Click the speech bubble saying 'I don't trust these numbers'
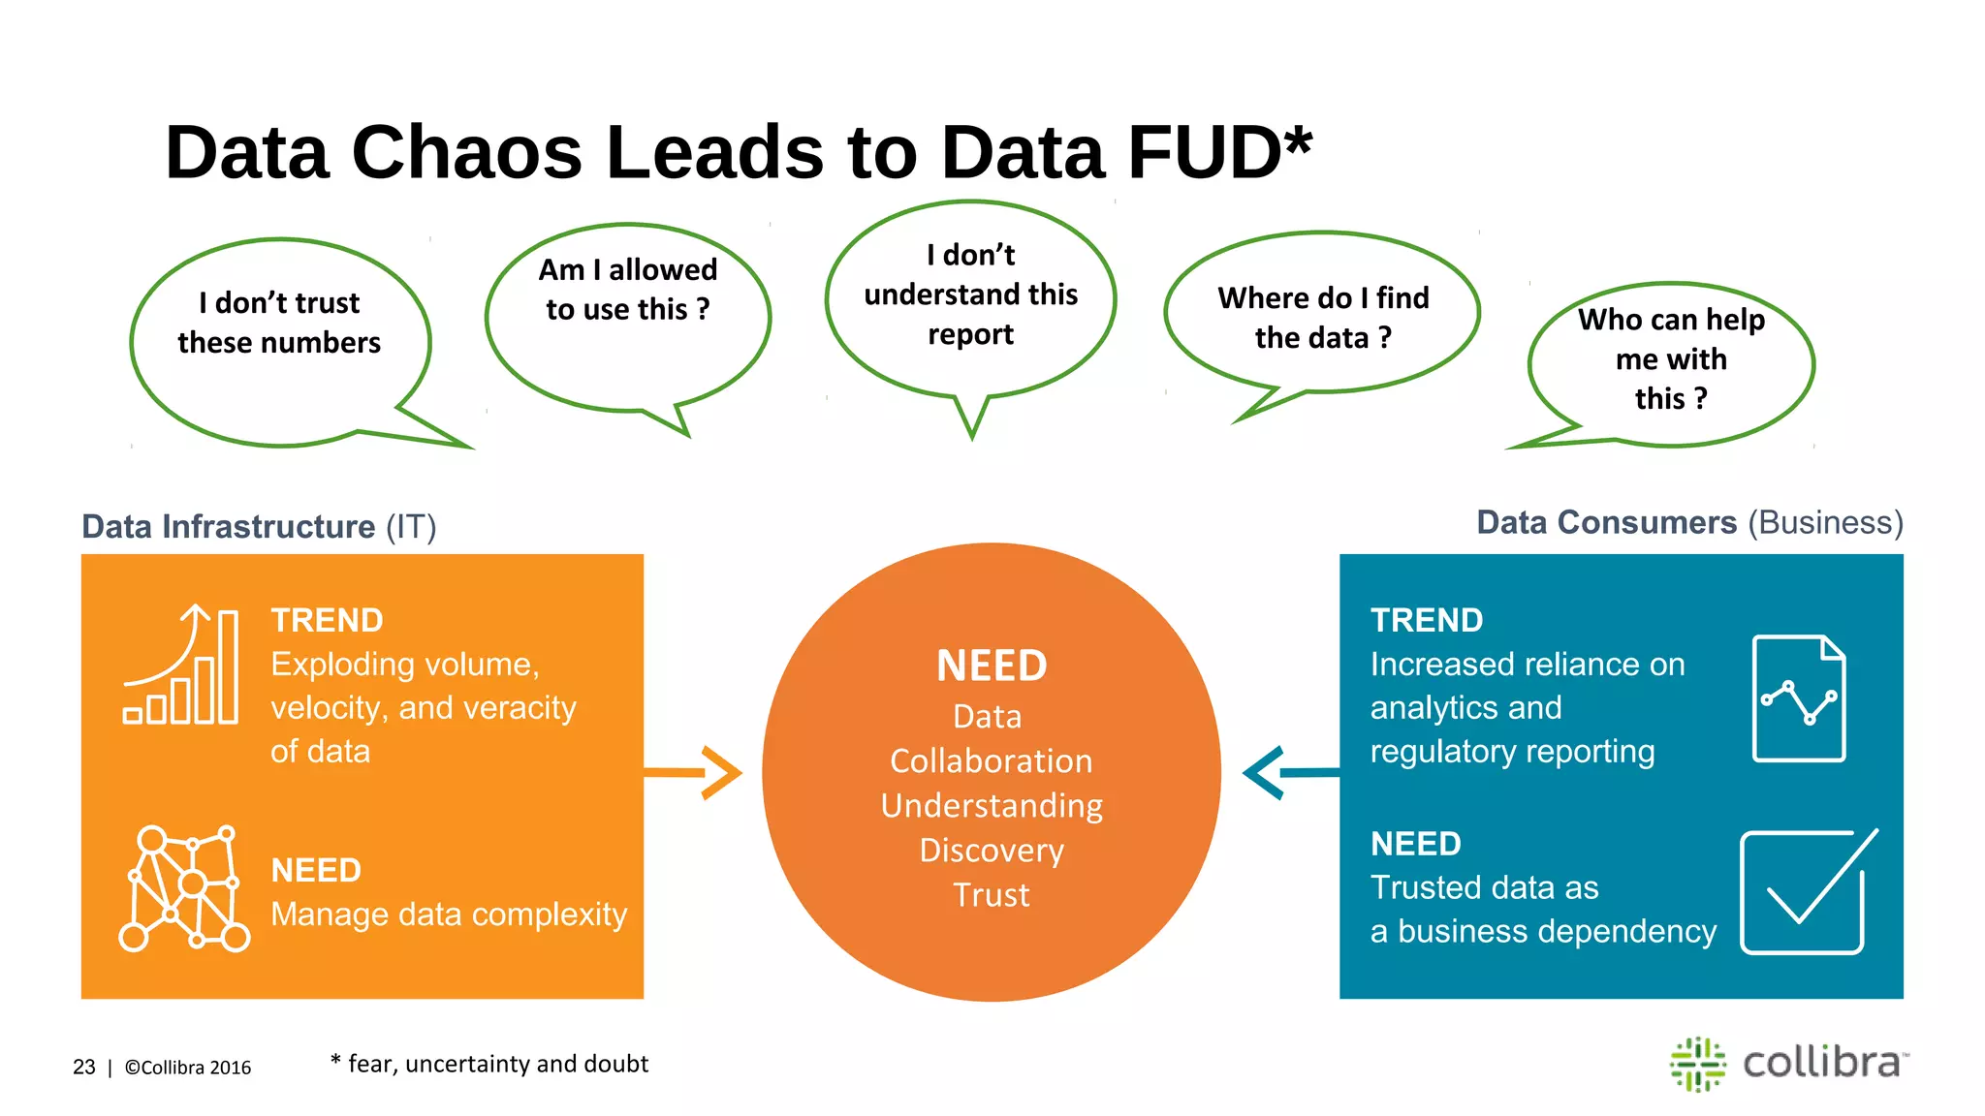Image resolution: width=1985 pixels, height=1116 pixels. pos(279,325)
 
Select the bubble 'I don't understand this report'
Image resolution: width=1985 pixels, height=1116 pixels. pos(970,294)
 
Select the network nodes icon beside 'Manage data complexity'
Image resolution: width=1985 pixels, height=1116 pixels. pos(183,888)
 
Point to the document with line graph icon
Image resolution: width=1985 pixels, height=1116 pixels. pos(1799,697)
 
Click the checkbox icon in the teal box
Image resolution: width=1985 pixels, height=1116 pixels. pos(1805,891)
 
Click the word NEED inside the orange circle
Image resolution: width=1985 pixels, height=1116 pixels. pos(992,666)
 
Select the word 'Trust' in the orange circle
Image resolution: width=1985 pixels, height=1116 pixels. pos(991,895)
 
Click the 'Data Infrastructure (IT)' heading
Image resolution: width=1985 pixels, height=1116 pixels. pos(259,527)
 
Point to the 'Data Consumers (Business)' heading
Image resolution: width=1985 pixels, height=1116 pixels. pos(1689,523)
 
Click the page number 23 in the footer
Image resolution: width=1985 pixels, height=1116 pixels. pos(84,1068)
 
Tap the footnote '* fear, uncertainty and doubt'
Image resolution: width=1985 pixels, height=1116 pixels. pos(489,1064)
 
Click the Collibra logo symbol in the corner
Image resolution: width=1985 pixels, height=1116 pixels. pos(1697,1064)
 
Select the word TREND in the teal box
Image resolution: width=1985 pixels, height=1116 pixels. pos(1426,621)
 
